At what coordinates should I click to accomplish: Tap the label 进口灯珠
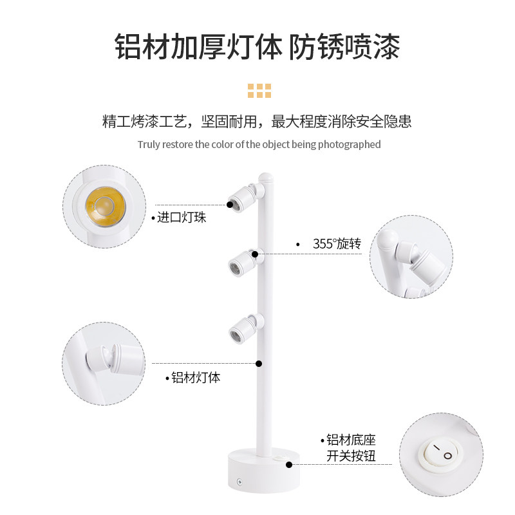(182, 218)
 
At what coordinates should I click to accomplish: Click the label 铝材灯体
(196, 378)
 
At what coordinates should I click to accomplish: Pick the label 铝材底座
(351, 440)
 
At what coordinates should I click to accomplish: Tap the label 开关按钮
(351, 456)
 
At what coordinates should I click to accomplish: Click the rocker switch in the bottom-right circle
(441, 452)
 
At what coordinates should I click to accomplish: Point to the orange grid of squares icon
(259, 90)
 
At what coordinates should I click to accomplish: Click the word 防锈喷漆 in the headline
(344, 47)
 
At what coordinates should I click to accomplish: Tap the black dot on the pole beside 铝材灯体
(259, 364)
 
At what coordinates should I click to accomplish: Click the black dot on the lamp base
(289, 464)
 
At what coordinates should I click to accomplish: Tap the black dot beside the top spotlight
(230, 204)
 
